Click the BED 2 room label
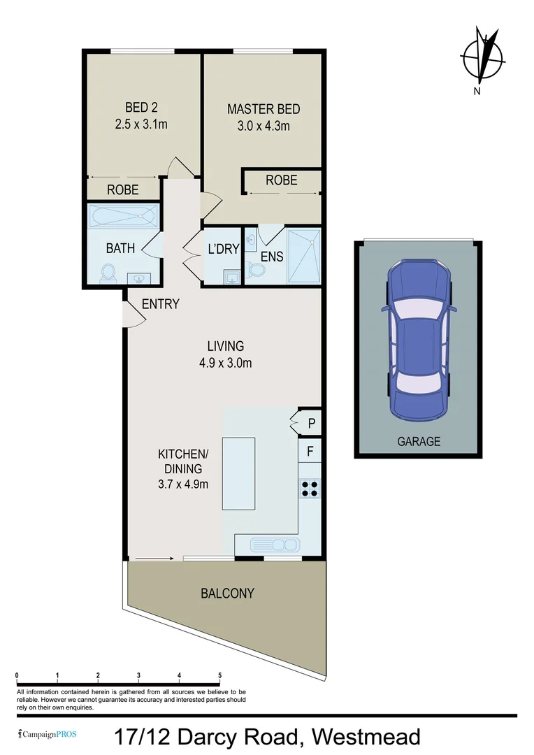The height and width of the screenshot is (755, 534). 140,108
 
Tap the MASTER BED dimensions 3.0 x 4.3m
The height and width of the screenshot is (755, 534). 264,126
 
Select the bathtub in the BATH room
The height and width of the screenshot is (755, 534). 123,215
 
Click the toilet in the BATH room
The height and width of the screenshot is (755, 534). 108,273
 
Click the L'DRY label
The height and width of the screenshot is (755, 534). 224,248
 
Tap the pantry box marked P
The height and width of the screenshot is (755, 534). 311,423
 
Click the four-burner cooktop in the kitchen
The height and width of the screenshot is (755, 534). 310,489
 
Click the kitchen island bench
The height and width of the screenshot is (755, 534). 238,473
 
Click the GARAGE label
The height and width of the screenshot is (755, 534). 419,441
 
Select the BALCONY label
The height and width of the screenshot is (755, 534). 227,594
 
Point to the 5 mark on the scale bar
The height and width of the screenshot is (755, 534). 220,676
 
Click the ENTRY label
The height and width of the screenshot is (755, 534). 160,304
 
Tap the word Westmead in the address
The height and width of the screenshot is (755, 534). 366,737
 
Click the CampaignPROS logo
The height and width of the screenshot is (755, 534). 48,734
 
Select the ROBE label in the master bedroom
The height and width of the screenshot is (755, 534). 281,180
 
